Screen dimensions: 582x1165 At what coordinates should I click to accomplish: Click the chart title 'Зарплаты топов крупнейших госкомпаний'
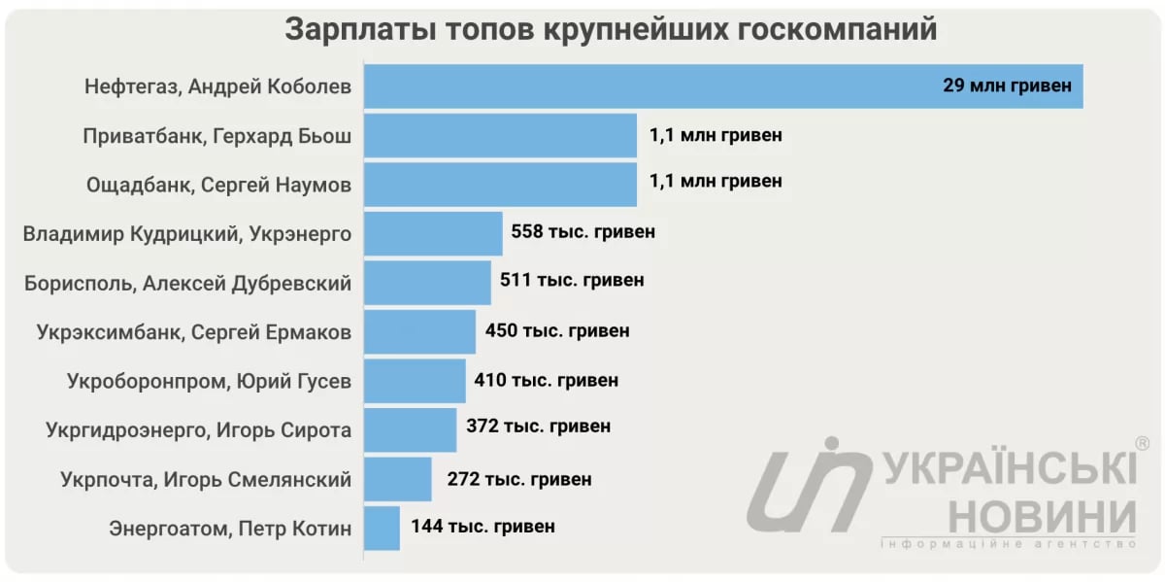[611, 30]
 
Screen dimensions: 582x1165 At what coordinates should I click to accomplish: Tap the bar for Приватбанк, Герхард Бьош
[500, 135]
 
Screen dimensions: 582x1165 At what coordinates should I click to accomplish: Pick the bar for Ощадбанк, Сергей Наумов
[500, 184]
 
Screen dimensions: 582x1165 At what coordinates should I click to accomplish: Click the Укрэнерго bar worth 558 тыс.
[433, 233]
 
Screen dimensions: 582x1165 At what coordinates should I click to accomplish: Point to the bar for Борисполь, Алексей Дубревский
[427, 283]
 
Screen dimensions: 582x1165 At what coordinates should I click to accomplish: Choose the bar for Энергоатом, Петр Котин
[382, 528]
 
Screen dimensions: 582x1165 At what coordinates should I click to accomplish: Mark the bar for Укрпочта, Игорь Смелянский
[398, 479]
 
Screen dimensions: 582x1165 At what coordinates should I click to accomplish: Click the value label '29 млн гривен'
[1007, 86]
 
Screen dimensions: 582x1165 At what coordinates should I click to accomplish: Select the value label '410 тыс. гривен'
[546, 380]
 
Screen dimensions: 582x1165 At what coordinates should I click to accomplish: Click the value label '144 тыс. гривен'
[483, 528]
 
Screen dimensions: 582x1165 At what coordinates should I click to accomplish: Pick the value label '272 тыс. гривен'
[519, 479]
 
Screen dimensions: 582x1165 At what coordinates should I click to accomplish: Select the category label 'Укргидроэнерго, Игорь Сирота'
[198, 429]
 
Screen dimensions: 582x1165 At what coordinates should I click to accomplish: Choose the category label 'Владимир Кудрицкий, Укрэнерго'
[186, 234]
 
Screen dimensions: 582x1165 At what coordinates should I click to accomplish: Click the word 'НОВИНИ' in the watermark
[1043, 514]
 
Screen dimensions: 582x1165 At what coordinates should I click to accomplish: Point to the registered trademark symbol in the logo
[1142, 443]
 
